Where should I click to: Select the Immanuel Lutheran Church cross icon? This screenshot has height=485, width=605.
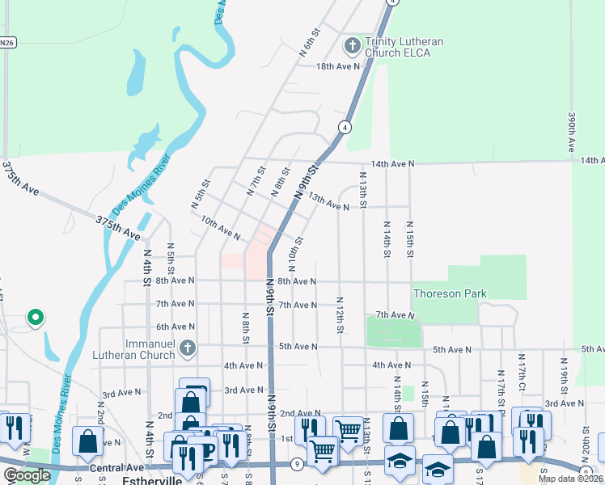point(187,348)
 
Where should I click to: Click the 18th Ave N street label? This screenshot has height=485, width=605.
point(337,66)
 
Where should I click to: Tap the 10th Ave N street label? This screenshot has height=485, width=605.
point(220,228)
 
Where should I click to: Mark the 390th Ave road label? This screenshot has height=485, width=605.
point(571,133)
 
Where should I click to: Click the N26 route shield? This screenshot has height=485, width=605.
point(7,42)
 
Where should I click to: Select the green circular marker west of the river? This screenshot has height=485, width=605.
point(35,318)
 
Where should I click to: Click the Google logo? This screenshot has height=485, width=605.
point(27,475)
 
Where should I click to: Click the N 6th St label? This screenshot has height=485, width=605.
point(310,41)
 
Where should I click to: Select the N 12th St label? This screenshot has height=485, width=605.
point(341,315)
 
